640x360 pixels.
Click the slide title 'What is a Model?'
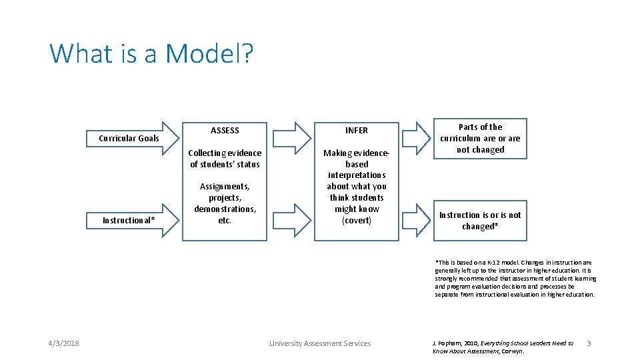pyautogui.click(x=151, y=53)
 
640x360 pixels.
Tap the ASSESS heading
pyautogui.click(x=225, y=131)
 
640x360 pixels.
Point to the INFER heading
pyautogui.click(x=356, y=131)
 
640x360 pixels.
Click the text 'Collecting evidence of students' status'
pyautogui.click(x=225, y=159)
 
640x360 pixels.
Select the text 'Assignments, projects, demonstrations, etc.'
pyautogui.click(x=225, y=203)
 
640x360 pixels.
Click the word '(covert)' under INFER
pyautogui.click(x=356, y=221)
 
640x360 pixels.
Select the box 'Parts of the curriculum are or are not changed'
pyautogui.click(x=480, y=139)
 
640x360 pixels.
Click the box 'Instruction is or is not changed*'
pyautogui.click(x=480, y=221)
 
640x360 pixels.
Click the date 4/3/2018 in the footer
pyautogui.click(x=63, y=343)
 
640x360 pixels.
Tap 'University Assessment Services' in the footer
pyautogui.click(x=319, y=343)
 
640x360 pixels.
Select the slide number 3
pyautogui.click(x=588, y=343)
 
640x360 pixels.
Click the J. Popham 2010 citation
pyautogui.click(x=503, y=347)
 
